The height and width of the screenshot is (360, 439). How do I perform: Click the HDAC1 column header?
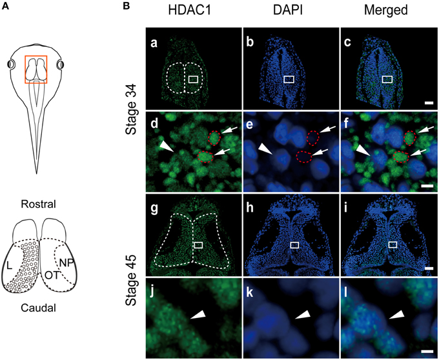[x=190, y=10]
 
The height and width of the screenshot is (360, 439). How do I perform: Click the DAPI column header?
[x=287, y=10]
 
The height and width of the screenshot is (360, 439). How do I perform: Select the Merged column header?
[x=386, y=10]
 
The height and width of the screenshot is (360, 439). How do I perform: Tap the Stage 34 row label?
[x=131, y=110]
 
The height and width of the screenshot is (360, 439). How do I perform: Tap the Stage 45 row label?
[x=131, y=280]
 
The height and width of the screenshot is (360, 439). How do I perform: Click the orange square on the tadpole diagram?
[x=36, y=70]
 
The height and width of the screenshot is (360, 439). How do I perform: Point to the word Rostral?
[x=38, y=205]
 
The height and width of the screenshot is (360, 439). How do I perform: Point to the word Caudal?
[x=38, y=308]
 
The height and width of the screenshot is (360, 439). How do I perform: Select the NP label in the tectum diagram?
[x=66, y=263]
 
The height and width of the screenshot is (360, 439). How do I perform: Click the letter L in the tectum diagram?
[x=9, y=266]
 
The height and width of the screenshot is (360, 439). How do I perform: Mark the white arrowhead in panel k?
[x=303, y=315]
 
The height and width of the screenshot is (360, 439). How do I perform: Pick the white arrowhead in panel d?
[x=167, y=147]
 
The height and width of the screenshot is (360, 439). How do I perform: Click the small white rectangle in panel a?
[x=193, y=79]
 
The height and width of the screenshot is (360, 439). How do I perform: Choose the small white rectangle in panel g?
[x=198, y=245]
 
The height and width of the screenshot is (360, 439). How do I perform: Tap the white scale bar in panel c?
[x=429, y=103]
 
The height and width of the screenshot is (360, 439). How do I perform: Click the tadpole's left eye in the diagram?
[x=12, y=65]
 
